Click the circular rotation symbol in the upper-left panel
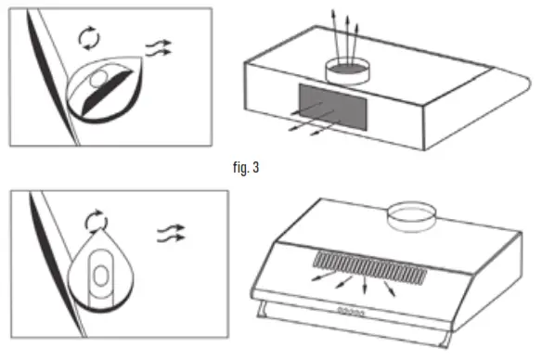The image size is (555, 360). [86, 37]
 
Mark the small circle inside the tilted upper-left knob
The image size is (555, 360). [98, 81]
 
